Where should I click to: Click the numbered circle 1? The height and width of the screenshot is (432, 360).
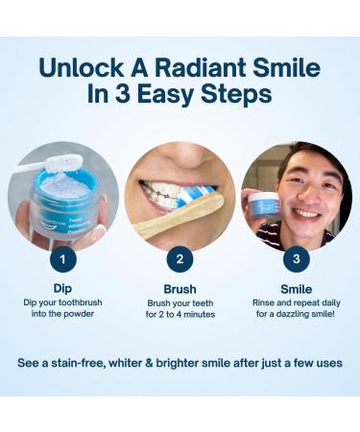pos(62,258)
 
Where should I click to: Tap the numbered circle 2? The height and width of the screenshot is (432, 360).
pos(180,258)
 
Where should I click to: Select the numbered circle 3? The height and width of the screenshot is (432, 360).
pos(297,258)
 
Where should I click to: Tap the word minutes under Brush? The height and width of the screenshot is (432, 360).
pos(198,314)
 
